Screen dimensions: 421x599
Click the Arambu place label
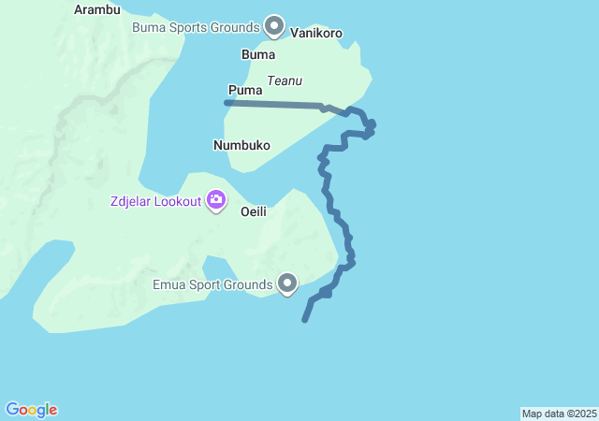point(97,10)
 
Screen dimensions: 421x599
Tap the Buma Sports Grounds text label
point(196,27)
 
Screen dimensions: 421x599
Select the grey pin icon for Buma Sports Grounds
point(274,25)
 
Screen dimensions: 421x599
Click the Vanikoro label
point(316,33)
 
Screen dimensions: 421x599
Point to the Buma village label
point(258,54)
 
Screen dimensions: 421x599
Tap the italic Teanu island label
point(285,81)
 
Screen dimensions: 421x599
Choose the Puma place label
point(244,91)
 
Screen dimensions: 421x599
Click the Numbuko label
point(241,145)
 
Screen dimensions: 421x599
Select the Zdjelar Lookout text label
point(155,201)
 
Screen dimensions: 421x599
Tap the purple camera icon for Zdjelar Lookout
point(216,199)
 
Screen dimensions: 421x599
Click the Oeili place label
point(254,211)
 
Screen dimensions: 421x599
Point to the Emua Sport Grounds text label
point(214,283)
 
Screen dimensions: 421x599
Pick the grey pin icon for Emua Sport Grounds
point(287,282)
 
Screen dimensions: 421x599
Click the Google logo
point(31,410)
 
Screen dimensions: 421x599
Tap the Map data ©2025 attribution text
point(559,414)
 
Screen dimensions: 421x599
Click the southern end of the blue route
point(305,320)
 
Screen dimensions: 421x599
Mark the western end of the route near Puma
point(226,102)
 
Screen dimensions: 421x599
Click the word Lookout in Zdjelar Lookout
point(176,201)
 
